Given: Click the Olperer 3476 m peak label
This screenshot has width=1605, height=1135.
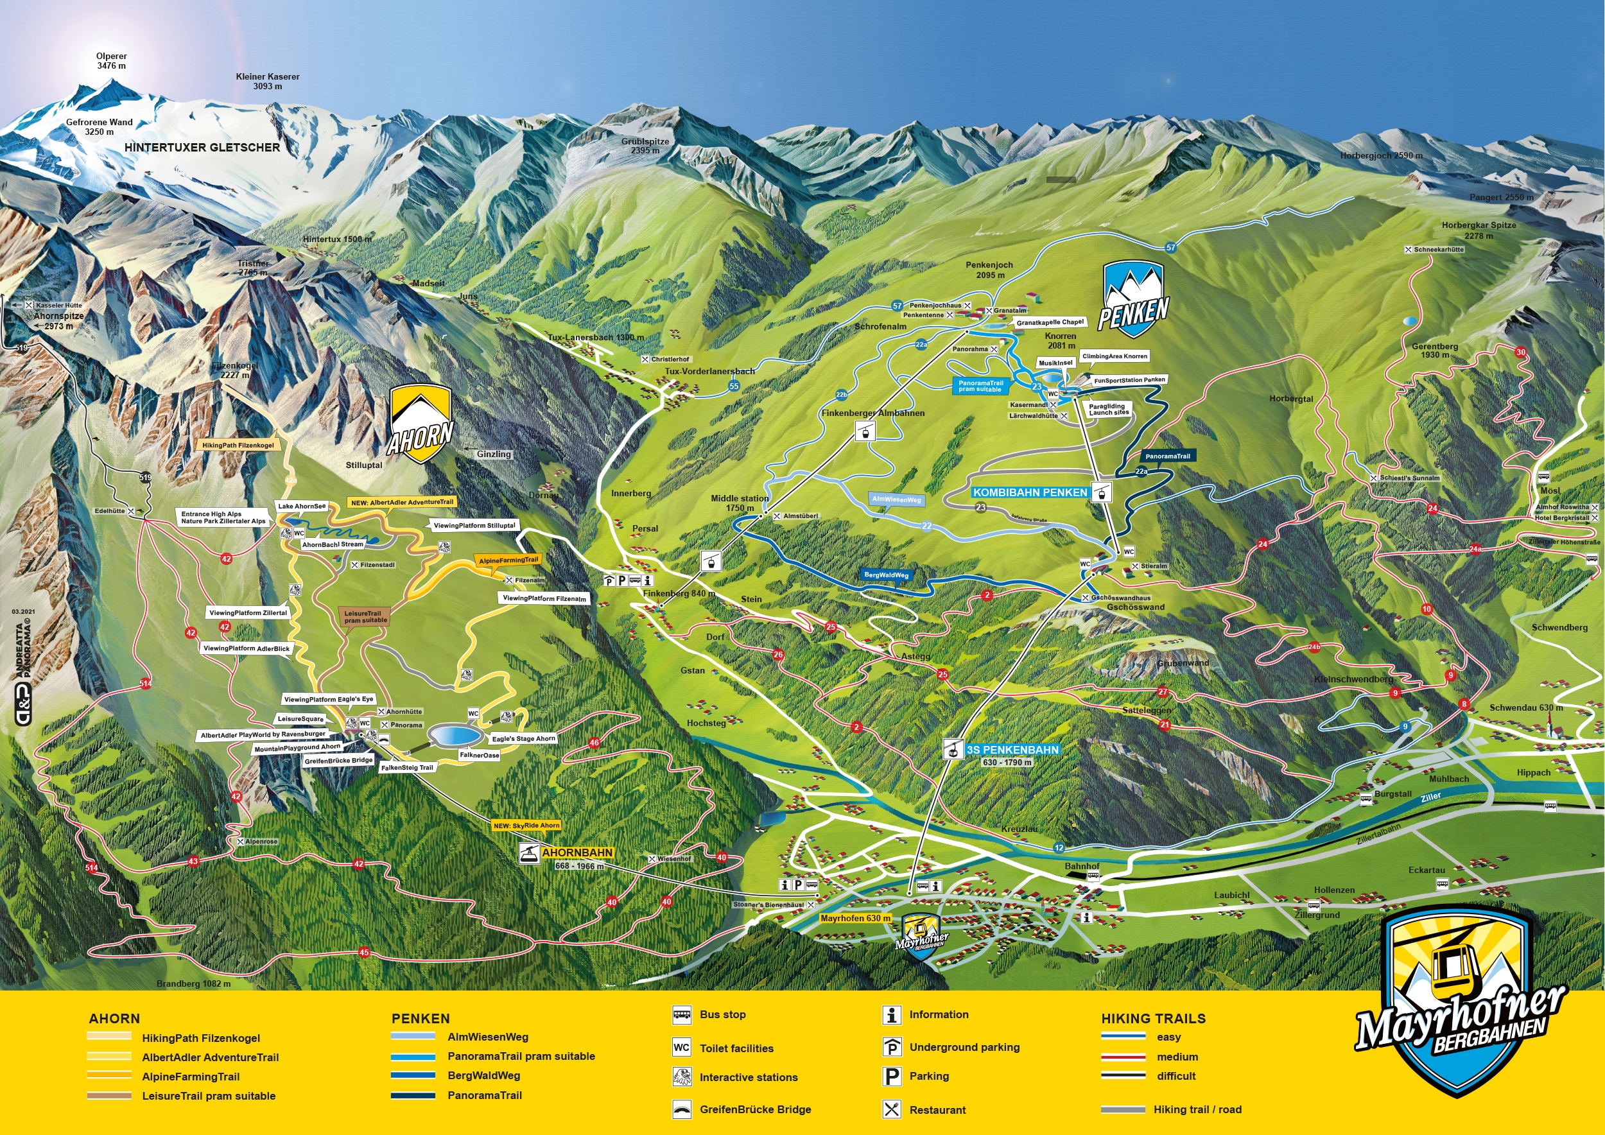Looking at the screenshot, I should point(111,61).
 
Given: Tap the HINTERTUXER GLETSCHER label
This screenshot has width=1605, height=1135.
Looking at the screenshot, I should point(202,148).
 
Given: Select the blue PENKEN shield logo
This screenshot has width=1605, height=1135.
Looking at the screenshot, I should point(1133,297).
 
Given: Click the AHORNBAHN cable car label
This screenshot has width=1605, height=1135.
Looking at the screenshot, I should point(577,853).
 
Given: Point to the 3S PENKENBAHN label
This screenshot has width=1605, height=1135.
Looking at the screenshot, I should point(1012,749).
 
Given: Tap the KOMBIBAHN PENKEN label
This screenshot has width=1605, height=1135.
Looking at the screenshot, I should point(1030,492).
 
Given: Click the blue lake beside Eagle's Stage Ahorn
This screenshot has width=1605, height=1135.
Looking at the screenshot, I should point(455,735).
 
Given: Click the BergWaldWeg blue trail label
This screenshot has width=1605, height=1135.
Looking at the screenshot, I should point(887,575).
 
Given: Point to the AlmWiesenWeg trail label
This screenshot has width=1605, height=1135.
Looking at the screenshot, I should point(897,499).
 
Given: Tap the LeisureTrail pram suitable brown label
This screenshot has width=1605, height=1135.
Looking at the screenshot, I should point(364,616).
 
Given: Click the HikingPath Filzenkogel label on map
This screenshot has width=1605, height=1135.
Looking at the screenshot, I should point(238,445).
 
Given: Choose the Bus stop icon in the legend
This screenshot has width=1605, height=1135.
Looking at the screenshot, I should point(682,1015).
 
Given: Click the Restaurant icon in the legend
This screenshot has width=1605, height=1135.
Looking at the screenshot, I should point(891,1109).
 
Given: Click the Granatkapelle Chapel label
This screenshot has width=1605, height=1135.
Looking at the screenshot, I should point(1050,322).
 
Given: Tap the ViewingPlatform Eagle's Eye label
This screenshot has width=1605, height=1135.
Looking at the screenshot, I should point(329,699).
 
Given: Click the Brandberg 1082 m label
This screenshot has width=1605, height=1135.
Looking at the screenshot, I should point(193,983).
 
